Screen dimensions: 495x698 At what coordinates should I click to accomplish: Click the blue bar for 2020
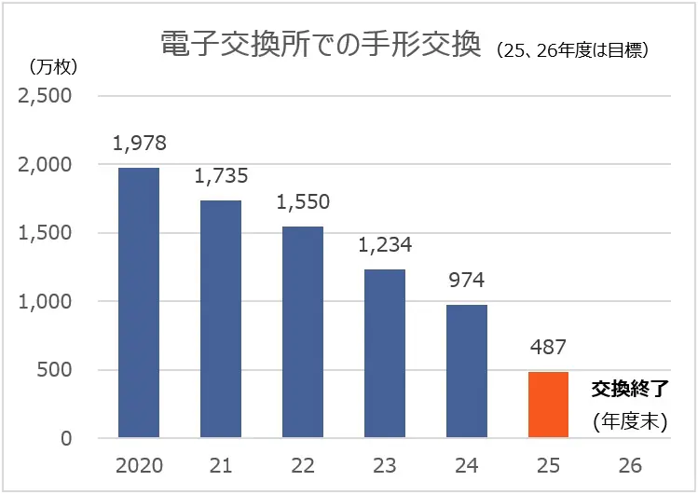138,302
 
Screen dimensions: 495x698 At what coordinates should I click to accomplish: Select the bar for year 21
220,319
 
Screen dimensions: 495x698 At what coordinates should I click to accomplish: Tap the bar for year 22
302,332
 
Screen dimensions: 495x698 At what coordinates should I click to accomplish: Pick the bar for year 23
384,353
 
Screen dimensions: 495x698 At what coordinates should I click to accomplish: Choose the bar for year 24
467,371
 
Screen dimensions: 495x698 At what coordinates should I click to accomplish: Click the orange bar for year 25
549,405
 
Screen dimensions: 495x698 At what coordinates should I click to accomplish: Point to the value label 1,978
139,144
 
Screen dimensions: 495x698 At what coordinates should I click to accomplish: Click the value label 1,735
221,177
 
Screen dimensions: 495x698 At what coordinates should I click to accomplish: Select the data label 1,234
384,246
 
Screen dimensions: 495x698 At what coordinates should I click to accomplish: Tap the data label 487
549,347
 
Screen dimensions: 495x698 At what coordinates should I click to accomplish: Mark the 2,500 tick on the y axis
46,96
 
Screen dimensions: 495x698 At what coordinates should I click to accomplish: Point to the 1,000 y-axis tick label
46,302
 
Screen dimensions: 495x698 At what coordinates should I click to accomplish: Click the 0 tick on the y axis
66,439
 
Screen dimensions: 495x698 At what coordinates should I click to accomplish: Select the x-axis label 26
631,465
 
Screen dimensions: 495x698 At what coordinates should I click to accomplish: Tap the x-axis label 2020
138,465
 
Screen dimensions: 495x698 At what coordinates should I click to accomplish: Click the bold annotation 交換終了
631,388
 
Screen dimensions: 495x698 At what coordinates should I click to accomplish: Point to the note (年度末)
631,422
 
